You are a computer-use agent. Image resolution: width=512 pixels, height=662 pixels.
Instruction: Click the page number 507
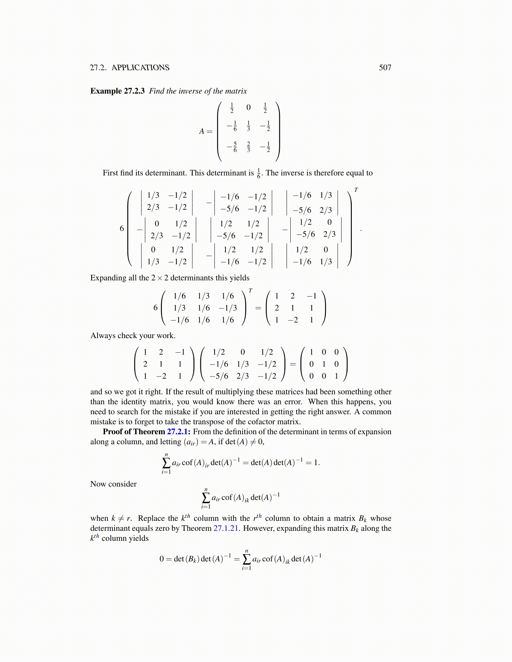385,68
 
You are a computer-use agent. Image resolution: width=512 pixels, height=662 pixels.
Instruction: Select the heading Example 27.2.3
118,91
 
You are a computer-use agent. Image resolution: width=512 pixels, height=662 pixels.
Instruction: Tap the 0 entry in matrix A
248,108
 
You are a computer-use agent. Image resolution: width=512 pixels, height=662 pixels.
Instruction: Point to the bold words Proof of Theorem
134,432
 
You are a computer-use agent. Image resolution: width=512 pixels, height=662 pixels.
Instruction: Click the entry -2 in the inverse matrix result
293,320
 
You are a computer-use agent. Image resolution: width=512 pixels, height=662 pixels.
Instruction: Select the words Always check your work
133,336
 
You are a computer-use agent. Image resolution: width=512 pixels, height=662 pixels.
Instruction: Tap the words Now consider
113,484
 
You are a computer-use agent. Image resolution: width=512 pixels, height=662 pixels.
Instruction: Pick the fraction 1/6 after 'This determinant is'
259,173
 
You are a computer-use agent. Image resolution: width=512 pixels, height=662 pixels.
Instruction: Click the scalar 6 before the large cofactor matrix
122,228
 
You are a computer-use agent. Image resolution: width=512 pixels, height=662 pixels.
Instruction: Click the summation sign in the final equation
246,559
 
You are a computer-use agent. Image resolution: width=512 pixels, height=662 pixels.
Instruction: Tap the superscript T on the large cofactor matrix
356,190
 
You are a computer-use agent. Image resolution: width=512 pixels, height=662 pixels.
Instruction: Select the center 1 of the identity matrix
324,364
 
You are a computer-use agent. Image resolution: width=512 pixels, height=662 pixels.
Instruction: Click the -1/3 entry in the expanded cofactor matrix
228,308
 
